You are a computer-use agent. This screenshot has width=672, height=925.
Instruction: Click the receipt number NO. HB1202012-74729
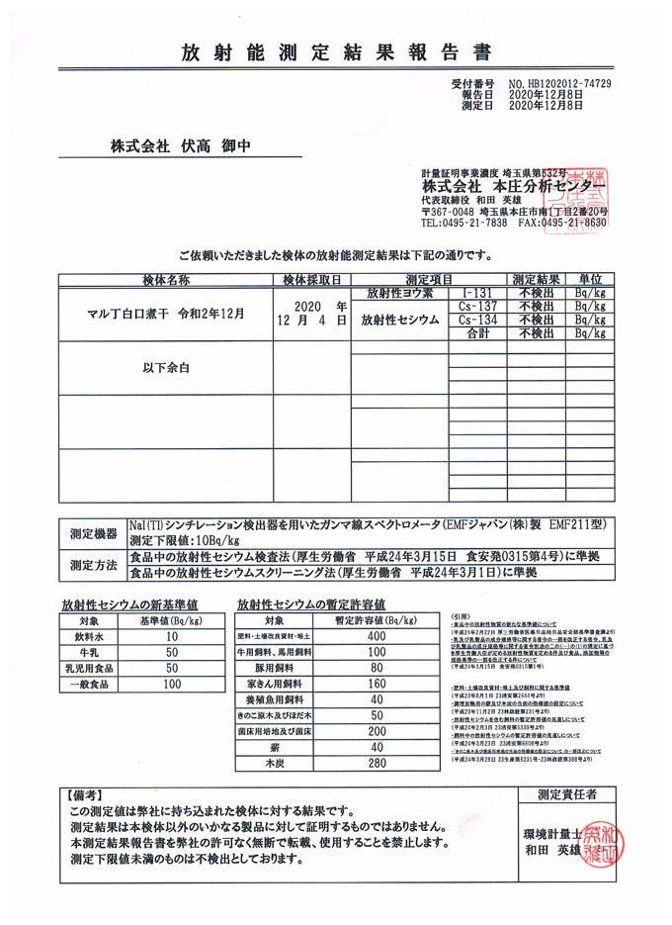559,85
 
